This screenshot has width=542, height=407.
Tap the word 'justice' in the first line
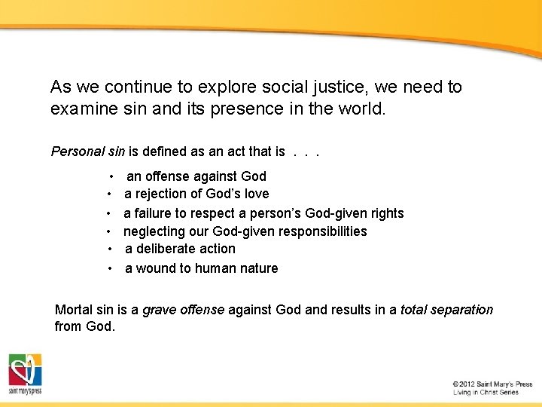(327, 87)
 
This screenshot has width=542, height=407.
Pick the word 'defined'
(169, 151)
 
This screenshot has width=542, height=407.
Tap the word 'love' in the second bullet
(255, 194)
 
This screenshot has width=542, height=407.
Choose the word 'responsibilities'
(323, 231)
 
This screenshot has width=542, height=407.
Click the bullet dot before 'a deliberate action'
(110, 249)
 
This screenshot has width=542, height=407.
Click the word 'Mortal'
(74, 310)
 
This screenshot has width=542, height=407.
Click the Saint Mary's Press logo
(25, 374)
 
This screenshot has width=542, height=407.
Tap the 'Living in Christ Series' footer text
(486, 393)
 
